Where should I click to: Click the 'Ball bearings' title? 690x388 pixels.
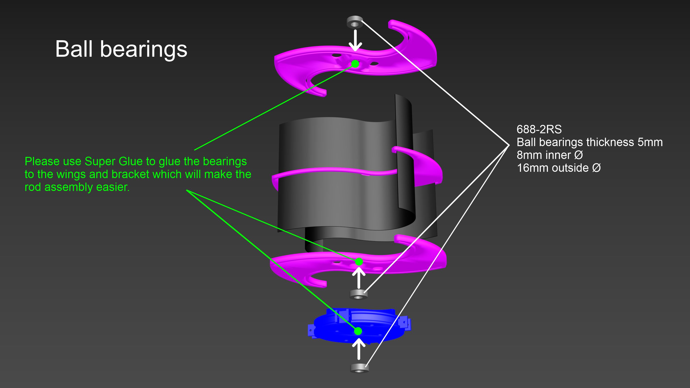tap(121, 49)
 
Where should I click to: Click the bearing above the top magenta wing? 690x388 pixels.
tap(355, 22)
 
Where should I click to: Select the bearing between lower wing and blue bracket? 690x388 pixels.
tap(358, 294)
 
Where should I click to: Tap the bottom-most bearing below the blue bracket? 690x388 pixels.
tap(359, 368)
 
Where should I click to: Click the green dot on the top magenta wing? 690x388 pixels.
tap(355, 64)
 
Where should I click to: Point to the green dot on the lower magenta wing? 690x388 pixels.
tap(359, 262)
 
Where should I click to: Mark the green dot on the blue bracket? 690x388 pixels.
tap(358, 331)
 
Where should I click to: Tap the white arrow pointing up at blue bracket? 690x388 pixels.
tap(359, 349)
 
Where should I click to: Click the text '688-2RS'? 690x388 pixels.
tap(539, 129)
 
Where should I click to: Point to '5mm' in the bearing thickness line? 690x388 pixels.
tap(650, 142)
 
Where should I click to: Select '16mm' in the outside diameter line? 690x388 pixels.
tap(529, 168)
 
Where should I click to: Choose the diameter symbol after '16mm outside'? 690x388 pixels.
tap(597, 168)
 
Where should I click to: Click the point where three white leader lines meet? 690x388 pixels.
tap(509, 145)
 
